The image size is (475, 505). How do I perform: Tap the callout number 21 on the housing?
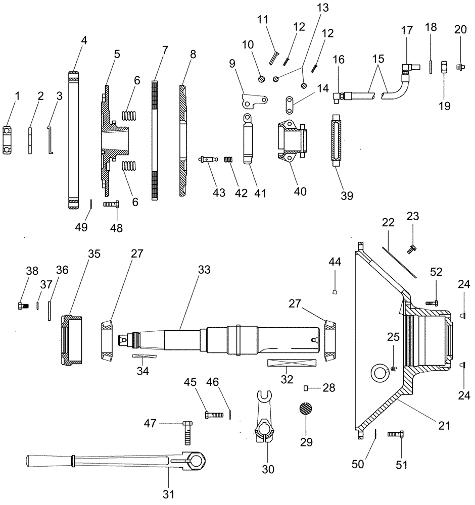click(443, 426)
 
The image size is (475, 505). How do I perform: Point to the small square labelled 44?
click(335, 291)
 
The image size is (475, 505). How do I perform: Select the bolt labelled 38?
click(21, 306)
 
